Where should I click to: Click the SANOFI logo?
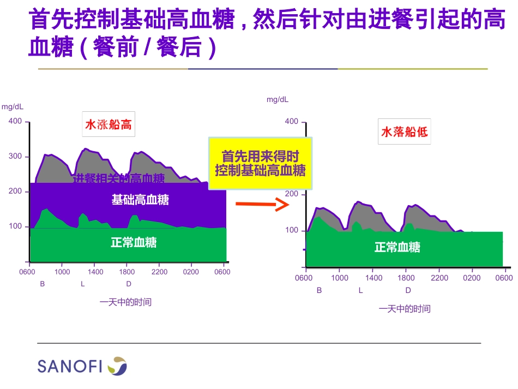point(82,366)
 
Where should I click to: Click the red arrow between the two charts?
point(262,205)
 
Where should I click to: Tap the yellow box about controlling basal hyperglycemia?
point(260,163)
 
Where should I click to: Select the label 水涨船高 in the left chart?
point(108,125)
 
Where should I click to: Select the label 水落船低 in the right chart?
point(404,131)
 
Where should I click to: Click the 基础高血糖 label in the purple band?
point(140,200)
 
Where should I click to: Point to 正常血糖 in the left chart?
point(134,242)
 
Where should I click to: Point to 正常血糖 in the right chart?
point(397,247)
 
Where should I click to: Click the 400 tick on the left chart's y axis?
point(15,121)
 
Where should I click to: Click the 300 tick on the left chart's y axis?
point(15,157)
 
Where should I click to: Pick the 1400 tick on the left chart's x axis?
point(95,272)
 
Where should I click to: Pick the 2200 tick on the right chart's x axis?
point(439,278)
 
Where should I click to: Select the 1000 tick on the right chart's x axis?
point(340,278)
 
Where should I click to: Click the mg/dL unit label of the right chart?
point(278,99)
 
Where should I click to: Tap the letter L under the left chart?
point(83,284)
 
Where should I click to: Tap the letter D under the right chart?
point(408,290)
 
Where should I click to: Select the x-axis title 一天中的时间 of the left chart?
point(125,302)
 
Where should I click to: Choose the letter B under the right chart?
point(320,290)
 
